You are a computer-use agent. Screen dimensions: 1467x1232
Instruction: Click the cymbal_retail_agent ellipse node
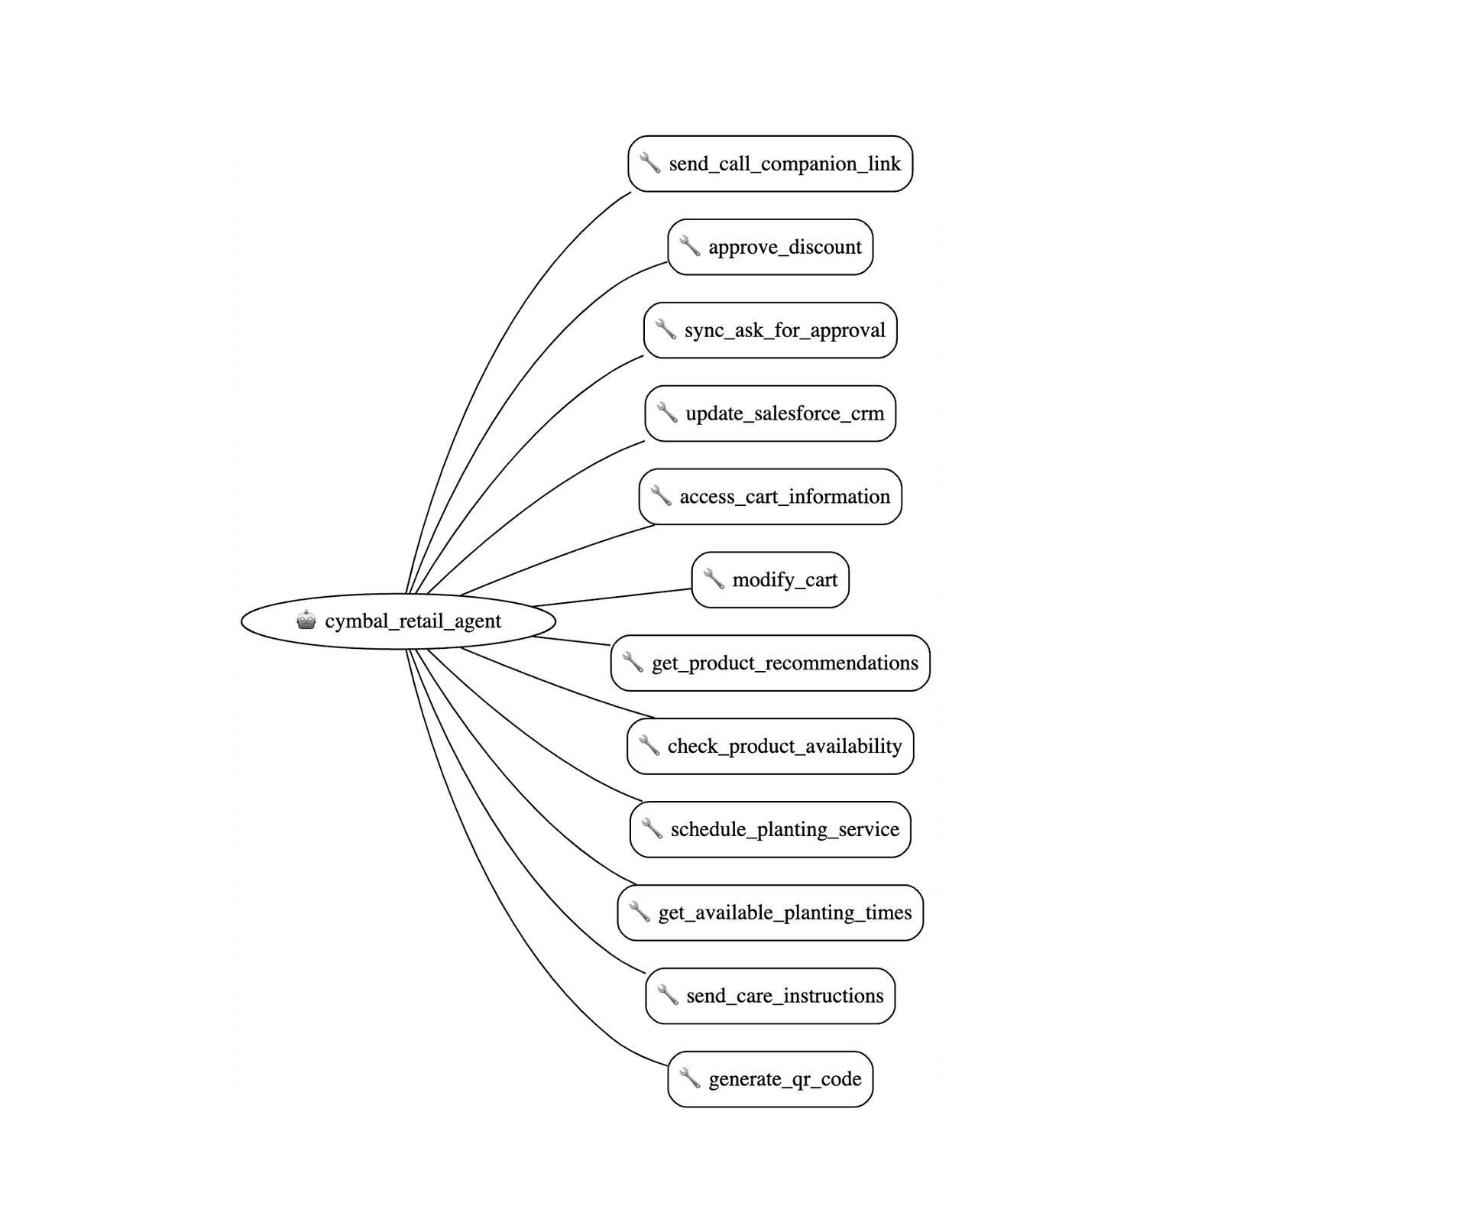398,621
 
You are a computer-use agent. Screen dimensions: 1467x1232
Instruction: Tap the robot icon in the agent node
306,620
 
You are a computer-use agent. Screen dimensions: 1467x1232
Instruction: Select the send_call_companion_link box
770,164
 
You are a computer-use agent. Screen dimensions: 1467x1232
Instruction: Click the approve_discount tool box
770,247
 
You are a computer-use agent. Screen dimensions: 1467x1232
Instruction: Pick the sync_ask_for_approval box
770,330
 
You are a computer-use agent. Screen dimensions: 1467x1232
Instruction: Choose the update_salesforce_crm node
770,413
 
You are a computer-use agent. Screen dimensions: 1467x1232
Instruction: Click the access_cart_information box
770,497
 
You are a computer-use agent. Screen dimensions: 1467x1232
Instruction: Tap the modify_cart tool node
770,580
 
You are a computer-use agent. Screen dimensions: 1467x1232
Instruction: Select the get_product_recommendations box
770,663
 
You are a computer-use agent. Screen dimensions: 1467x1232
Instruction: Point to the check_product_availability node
770,747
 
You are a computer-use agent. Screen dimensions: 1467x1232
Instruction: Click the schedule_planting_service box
770,829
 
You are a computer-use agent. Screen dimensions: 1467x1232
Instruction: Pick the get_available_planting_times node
770,913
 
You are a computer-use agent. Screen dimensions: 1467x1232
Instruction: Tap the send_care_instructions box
770,996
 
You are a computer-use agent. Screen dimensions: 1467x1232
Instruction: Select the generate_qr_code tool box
770,1079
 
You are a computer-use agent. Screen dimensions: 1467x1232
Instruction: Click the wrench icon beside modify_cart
714,579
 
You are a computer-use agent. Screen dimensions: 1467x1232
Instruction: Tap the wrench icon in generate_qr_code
690,1078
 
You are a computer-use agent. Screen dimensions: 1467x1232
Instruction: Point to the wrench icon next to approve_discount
690,246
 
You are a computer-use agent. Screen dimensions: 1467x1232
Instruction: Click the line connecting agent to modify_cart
612,598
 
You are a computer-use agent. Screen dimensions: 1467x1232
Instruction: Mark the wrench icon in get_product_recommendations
633,662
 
